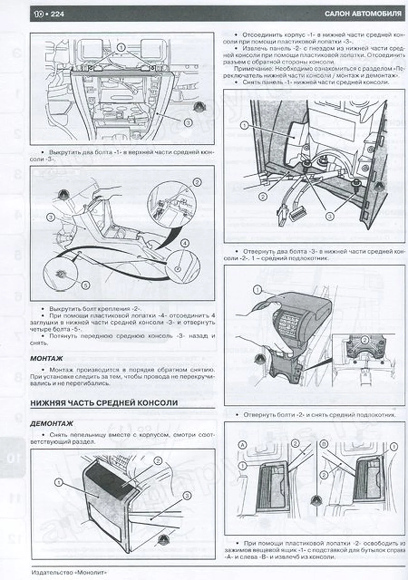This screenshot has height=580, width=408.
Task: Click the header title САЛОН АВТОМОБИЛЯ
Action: click(x=363, y=14)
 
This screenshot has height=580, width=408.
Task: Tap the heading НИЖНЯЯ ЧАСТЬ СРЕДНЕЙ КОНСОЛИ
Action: click(x=104, y=403)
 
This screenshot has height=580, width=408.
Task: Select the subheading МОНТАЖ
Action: click(x=46, y=358)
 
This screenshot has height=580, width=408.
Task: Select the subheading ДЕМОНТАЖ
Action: click(x=51, y=424)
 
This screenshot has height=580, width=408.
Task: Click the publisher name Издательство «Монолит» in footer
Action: click(x=69, y=572)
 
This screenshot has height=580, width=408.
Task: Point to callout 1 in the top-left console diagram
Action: click(x=121, y=48)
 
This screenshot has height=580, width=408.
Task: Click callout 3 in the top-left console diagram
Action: click(x=188, y=123)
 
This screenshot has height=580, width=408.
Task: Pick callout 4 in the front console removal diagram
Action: click(x=185, y=243)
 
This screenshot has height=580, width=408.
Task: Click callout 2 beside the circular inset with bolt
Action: click(x=197, y=182)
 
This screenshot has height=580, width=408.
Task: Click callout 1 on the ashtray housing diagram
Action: click(x=59, y=482)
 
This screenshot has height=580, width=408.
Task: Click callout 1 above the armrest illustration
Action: click(x=257, y=291)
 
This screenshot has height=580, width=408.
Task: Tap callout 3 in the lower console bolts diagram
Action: click(x=330, y=216)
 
